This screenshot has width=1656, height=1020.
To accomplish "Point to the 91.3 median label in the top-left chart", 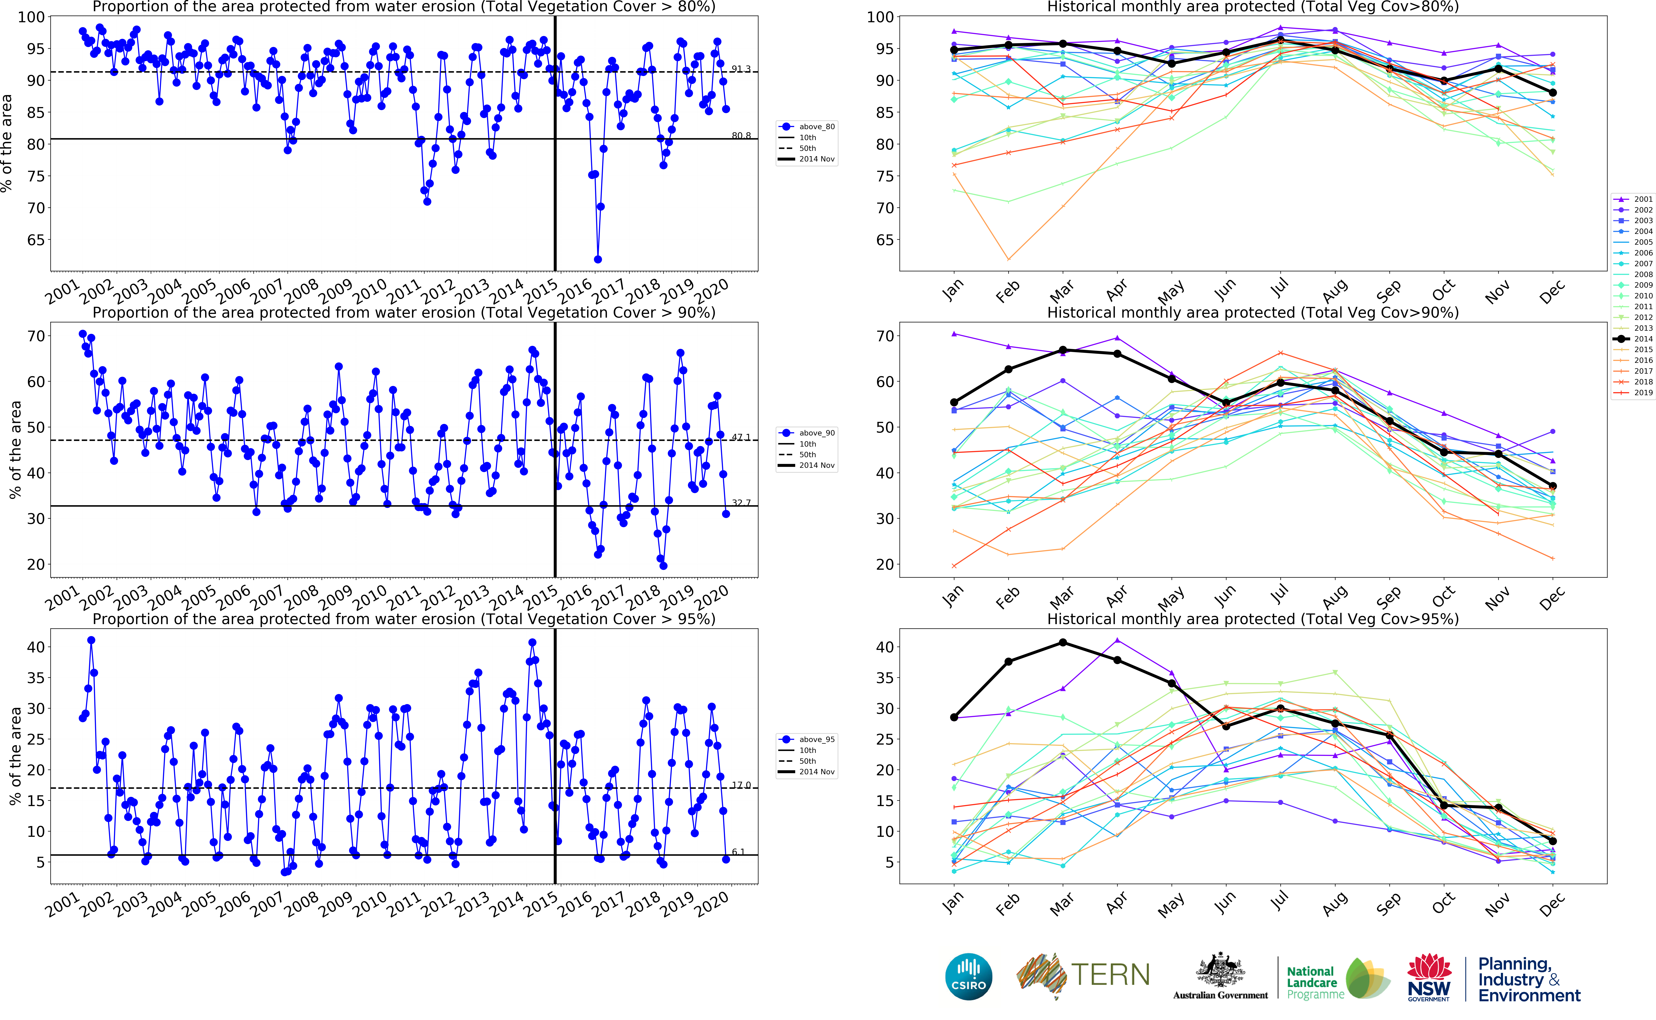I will pos(741,69).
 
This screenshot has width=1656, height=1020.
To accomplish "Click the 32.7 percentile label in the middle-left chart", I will pos(741,503).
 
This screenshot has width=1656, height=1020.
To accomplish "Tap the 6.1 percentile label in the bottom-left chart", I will pos(739,852).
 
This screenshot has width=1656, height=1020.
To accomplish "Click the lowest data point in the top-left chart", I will pos(598,259).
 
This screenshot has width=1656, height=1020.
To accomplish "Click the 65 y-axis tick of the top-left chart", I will pos(36,240).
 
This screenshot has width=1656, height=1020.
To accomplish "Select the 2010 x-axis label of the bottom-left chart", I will pos(370,904).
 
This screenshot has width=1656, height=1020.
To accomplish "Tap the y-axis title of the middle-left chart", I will pos(15,449).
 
